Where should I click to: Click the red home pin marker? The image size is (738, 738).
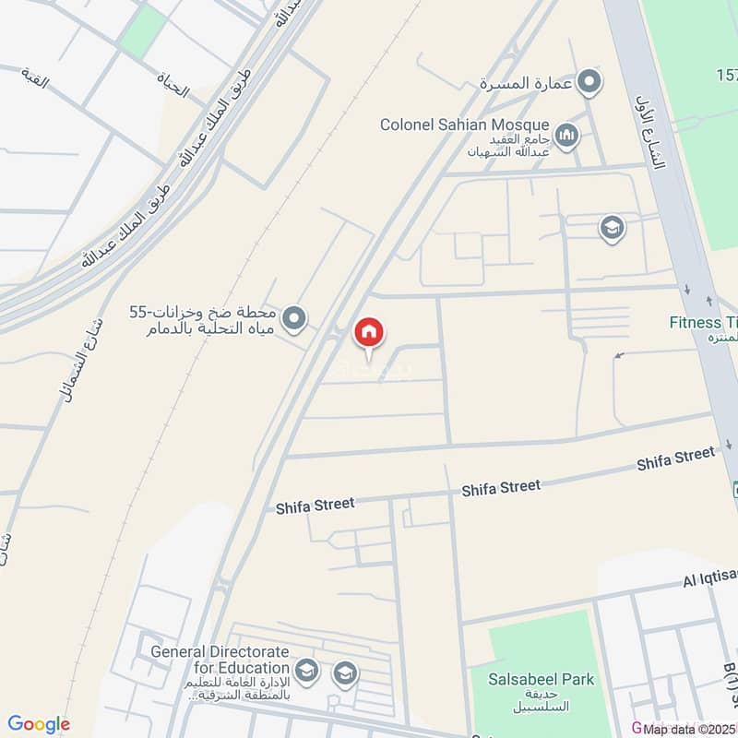369,334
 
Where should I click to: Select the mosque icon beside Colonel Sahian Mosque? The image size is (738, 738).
566,137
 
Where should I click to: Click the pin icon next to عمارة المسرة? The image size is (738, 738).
589,82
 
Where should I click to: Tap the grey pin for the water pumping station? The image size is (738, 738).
294,319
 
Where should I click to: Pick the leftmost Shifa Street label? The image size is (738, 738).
315,506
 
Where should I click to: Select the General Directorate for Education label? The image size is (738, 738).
220,659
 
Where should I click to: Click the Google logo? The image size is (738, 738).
39,724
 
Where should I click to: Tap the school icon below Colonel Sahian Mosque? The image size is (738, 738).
612,228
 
